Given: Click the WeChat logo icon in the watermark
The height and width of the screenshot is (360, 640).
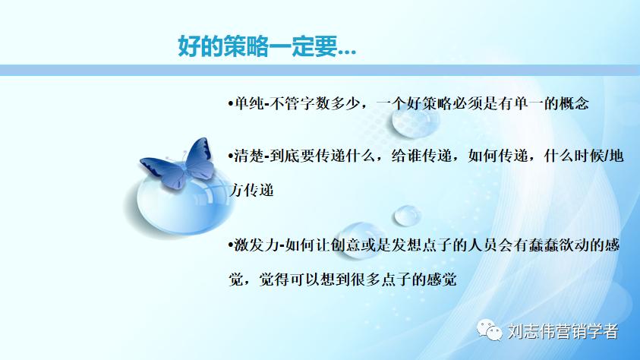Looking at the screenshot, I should pos(489,332).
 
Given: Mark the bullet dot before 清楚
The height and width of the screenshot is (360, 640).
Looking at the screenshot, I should pos(231,156).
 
